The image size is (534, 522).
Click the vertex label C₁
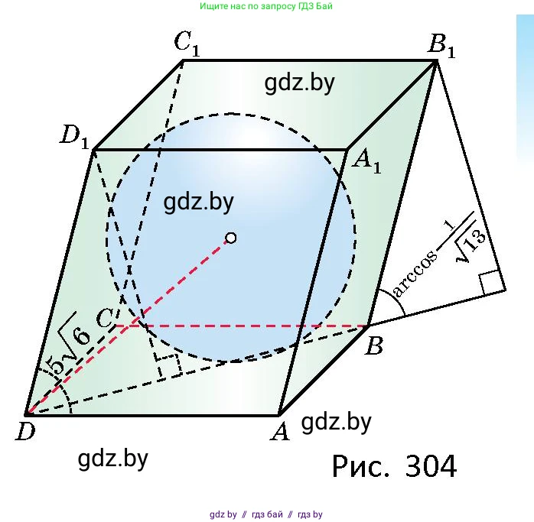187,44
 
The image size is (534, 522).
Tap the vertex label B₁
441,45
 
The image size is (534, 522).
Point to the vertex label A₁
366,162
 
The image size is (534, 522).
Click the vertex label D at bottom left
25,432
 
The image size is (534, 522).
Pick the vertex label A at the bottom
280,432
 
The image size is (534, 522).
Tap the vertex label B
374,345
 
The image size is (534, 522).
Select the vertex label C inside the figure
105,319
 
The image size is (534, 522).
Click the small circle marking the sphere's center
230,238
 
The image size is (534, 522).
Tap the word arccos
415,274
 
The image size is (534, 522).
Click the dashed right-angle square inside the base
168,365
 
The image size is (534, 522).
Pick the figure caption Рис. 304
394,466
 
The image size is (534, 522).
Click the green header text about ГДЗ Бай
266,6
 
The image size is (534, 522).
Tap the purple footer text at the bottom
266,514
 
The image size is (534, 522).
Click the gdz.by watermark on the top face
300,83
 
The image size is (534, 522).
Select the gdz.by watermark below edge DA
113,459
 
